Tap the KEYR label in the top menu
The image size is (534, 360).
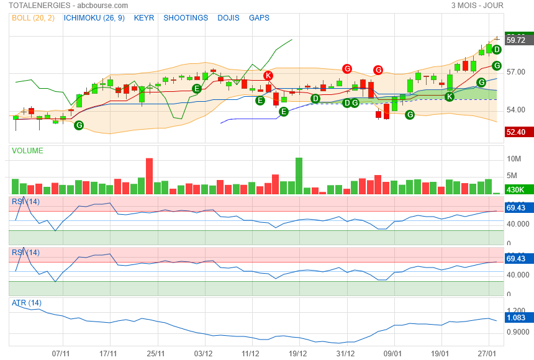tap(144, 18)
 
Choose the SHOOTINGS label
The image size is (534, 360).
tap(186, 18)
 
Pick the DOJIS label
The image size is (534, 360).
tap(229, 18)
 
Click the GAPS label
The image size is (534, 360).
tap(259, 18)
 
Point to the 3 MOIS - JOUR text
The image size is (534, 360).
tap(477, 6)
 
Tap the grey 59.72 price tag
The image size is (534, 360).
tap(516, 40)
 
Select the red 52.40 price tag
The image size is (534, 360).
tap(516, 132)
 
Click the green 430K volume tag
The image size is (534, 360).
tap(516, 190)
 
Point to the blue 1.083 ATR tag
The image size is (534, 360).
tap(516, 318)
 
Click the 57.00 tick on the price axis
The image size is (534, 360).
tap(516, 72)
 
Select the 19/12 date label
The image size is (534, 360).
tap(298, 353)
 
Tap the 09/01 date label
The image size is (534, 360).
tap(393, 353)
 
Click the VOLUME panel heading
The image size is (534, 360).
tap(28, 151)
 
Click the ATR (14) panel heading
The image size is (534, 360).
tap(27, 303)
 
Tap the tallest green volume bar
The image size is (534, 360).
tap(299, 176)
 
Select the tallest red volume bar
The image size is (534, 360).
tap(149, 176)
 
